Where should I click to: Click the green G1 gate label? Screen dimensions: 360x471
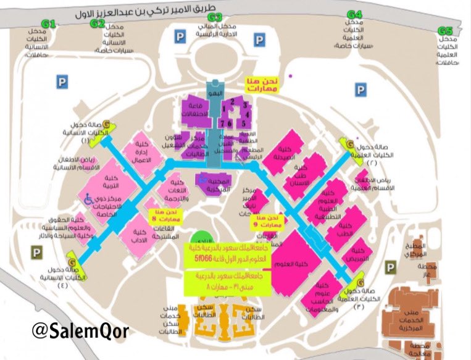click(49, 23)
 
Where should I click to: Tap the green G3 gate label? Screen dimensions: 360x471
click(214, 17)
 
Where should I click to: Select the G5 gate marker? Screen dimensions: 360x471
click(445, 31)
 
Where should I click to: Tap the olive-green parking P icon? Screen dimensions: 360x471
click(391, 266)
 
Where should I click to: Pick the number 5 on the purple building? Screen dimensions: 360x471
click(244, 123)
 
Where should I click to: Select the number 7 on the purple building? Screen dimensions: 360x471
click(222, 123)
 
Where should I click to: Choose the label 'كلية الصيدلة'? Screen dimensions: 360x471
click(285, 154)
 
